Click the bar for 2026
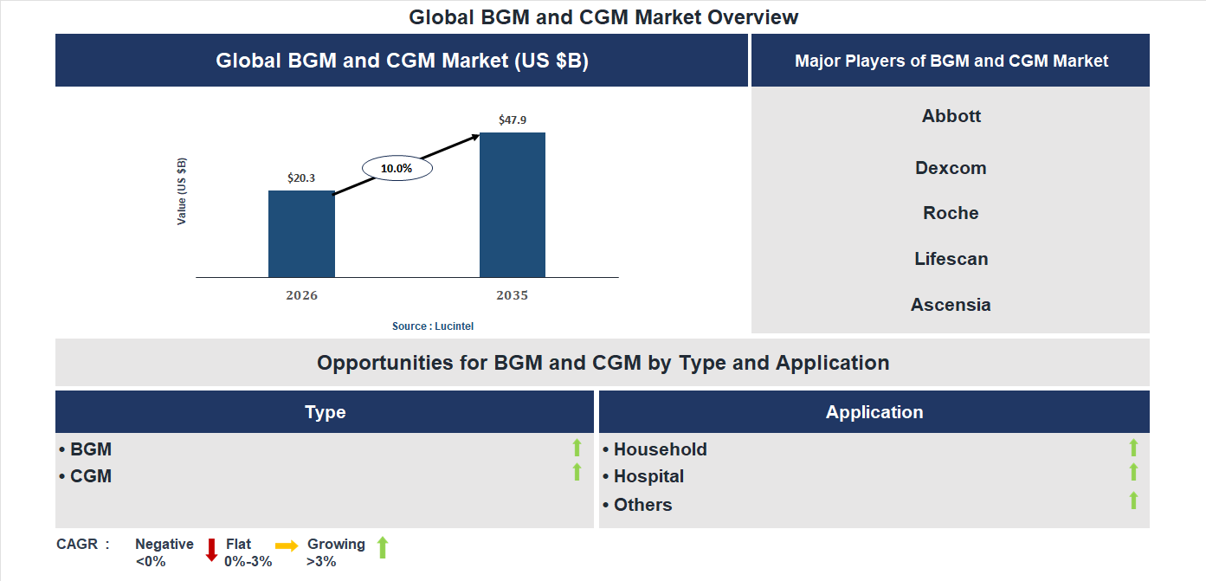301,234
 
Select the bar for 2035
513,205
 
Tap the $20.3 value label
301,178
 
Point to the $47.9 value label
513,120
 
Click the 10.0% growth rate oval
397,168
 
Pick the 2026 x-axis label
301,295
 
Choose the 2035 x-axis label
513,295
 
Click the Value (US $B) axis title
182,191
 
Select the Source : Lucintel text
433,326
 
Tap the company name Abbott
951,116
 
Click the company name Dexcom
951,168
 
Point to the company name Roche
951,213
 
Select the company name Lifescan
951,259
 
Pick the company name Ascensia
951,305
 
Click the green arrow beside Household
1133,448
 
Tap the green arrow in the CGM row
577,472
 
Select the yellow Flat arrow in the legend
287,545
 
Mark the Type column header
325,412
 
